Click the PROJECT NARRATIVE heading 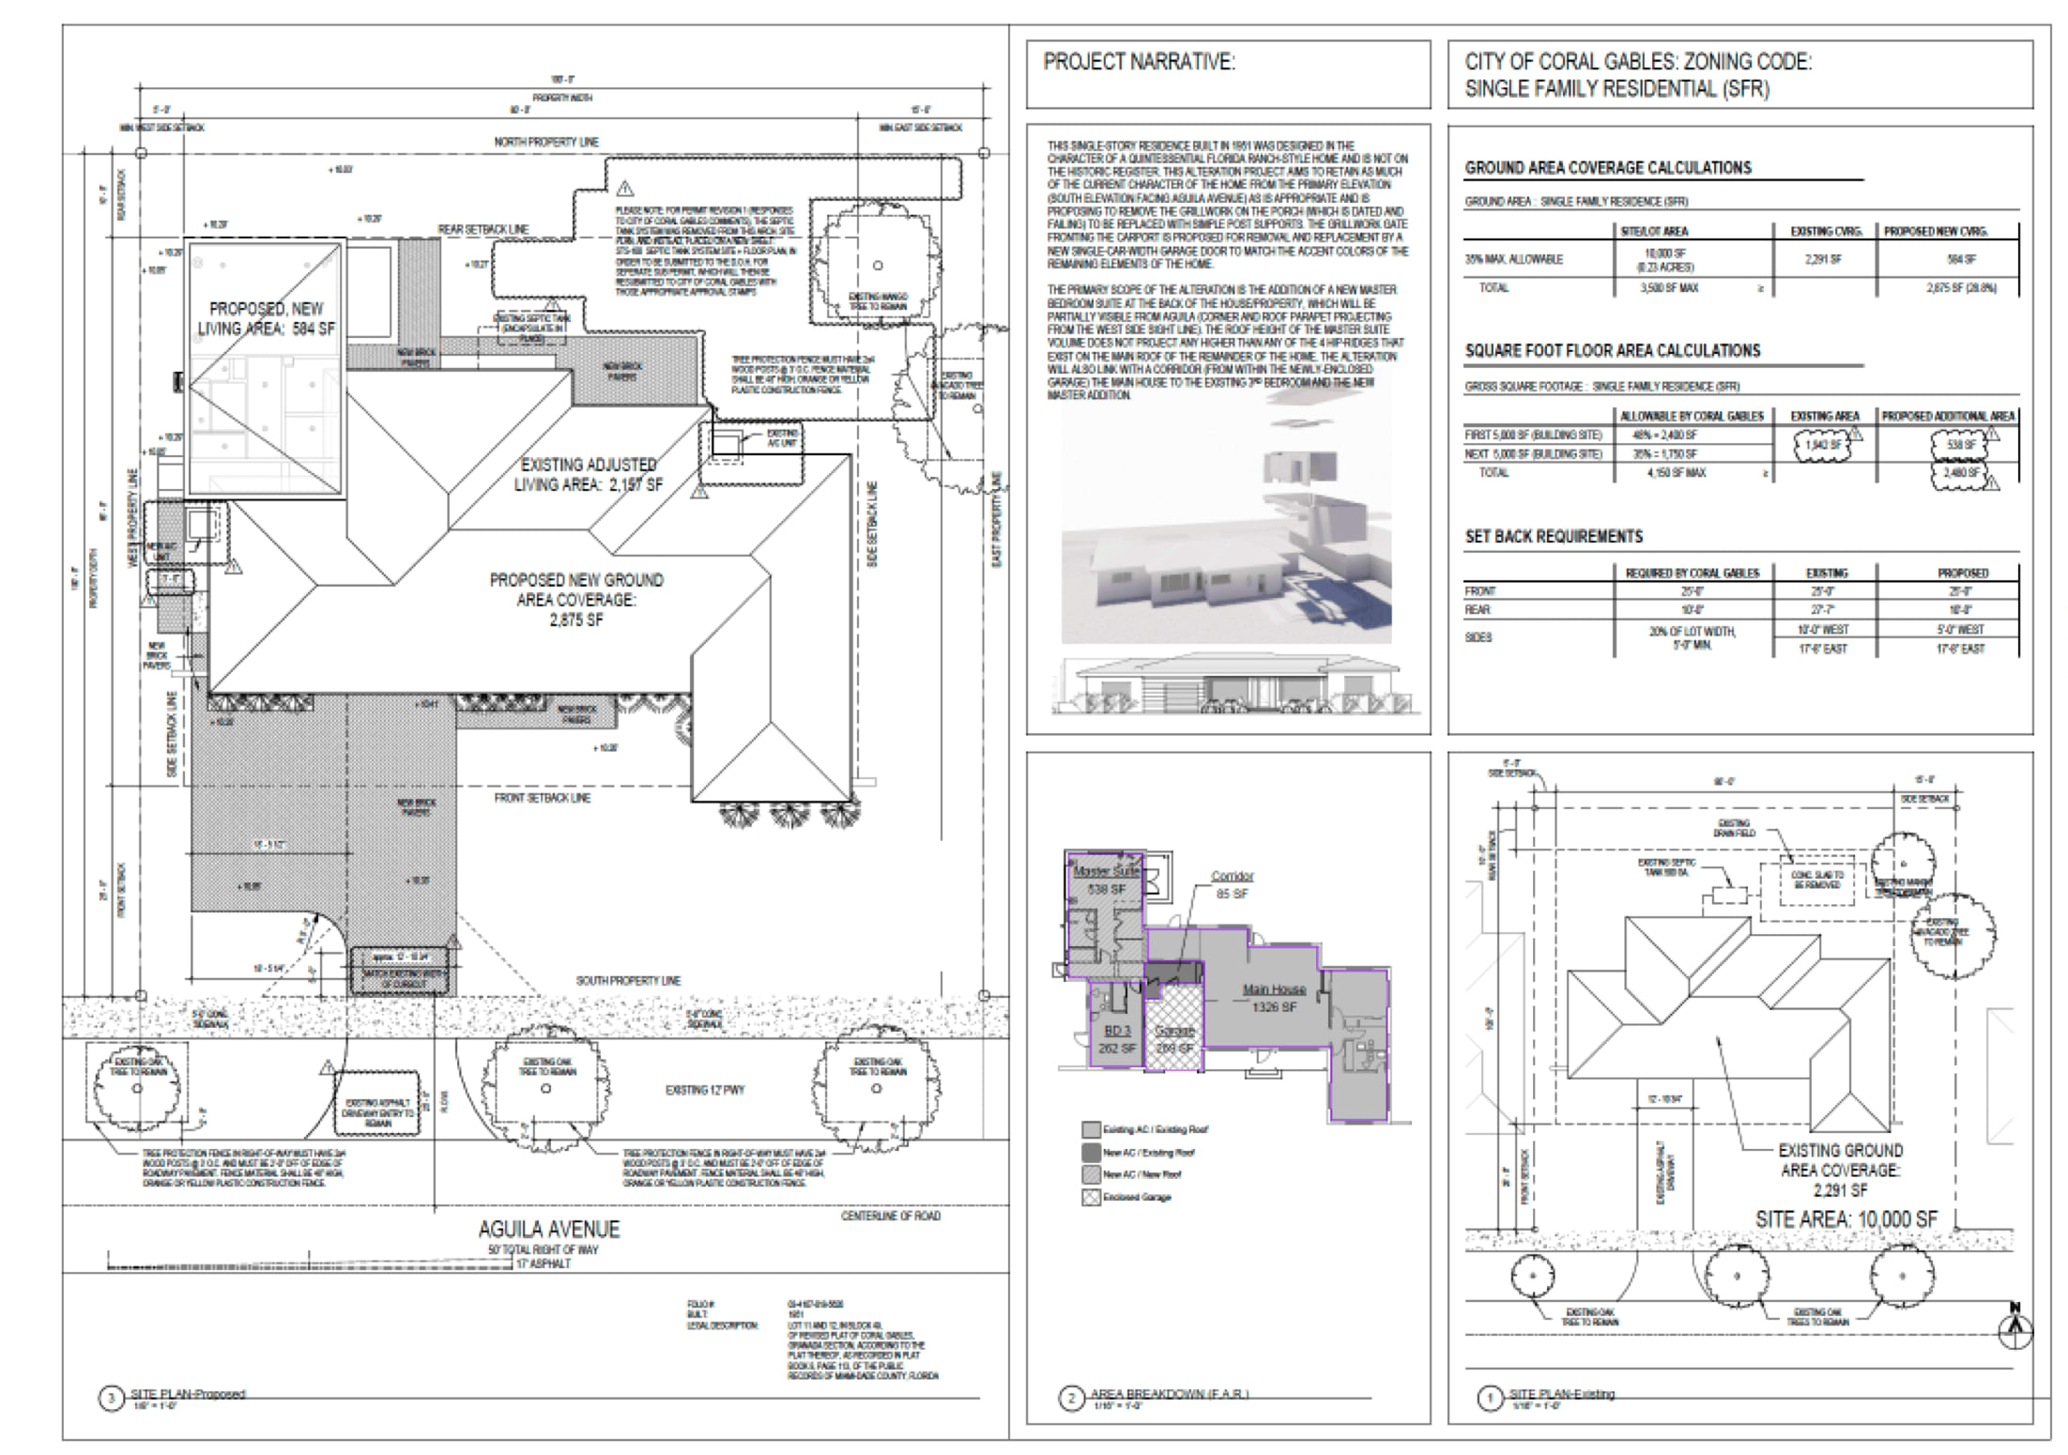coord(1139,62)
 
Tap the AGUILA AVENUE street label coord(548,1229)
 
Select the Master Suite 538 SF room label coord(1106,880)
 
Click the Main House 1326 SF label coord(1274,997)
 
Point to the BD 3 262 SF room coord(1117,1038)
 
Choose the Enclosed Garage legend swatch coord(1091,1198)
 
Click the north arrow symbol coord(2014,1326)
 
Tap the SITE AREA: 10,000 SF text coord(1846,1219)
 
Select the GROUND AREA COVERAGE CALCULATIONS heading coord(1607,168)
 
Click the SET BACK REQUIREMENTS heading coord(1554,537)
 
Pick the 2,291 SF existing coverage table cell coord(1822,259)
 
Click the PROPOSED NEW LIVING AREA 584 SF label coord(266,318)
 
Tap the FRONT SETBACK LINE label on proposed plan coord(543,798)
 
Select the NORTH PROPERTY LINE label coord(546,142)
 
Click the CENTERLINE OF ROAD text coord(890,1216)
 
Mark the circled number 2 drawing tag coord(1072,1399)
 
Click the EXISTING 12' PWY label coord(705,1090)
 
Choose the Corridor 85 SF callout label coord(1232,884)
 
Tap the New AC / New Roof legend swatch coord(1091,1174)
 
